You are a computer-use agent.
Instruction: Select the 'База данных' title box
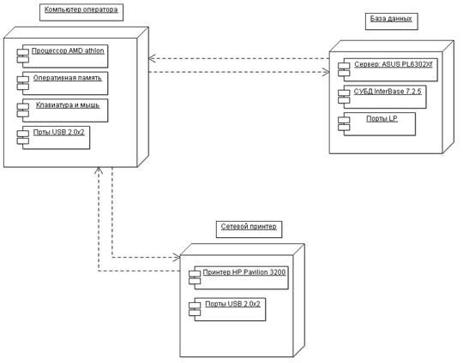(x=392, y=21)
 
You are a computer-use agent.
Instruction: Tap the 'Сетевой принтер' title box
(x=249, y=229)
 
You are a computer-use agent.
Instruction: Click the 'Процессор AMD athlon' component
(x=63, y=57)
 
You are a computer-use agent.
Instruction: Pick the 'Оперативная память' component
(x=63, y=83)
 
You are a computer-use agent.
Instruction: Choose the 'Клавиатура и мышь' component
(x=63, y=110)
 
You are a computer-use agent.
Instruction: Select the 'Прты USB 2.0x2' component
(x=53, y=138)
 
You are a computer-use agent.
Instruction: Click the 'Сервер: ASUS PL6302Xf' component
(x=388, y=70)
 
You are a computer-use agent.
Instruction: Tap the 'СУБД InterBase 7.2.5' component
(x=382, y=97)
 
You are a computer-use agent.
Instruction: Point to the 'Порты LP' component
(x=376, y=124)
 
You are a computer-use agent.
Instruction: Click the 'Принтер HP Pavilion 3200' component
(x=238, y=277)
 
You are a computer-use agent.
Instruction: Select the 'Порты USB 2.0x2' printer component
(x=227, y=309)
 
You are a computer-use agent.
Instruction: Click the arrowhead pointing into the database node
(x=328, y=72)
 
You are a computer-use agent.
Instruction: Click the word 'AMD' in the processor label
(x=75, y=51)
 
